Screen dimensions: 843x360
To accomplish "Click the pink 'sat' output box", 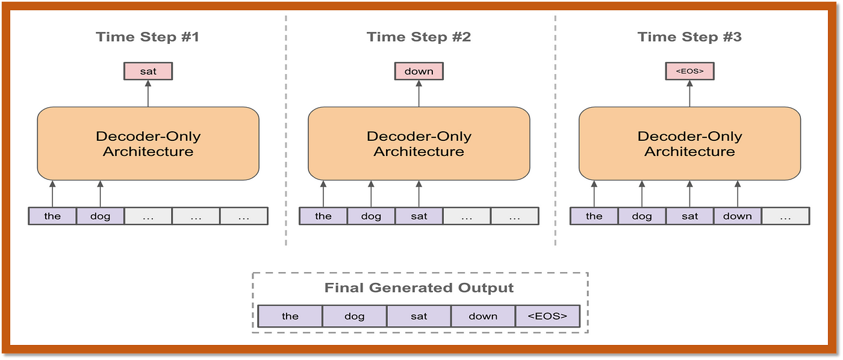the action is point(148,71).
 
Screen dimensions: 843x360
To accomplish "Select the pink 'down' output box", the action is point(419,71).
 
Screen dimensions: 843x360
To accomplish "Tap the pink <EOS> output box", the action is point(689,71).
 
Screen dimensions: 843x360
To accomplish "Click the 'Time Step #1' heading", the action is point(148,37).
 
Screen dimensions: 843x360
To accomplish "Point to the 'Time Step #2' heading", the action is point(419,37).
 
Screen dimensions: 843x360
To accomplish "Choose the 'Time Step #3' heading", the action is point(689,37).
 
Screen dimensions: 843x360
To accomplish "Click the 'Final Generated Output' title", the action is point(419,288).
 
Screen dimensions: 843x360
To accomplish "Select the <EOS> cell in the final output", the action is point(547,316).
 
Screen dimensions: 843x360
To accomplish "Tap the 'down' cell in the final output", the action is point(483,316).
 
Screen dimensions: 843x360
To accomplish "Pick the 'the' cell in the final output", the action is point(290,316).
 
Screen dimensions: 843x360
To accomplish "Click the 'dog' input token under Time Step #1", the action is point(100,216).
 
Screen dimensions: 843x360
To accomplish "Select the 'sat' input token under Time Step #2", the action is point(419,216).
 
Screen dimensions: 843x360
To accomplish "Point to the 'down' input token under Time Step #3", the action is point(737,216).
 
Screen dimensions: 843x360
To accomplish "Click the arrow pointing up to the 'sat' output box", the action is point(148,94).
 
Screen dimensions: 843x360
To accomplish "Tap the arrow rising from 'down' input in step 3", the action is point(738,194).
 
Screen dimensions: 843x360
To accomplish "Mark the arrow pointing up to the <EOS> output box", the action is point(689,94).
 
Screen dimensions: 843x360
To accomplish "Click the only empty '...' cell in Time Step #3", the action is point(785,216).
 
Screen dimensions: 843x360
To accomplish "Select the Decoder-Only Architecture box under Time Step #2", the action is point(419,144).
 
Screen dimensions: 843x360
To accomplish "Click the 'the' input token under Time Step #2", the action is point(323,216).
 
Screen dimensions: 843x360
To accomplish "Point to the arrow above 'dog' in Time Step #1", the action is point(100,194).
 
